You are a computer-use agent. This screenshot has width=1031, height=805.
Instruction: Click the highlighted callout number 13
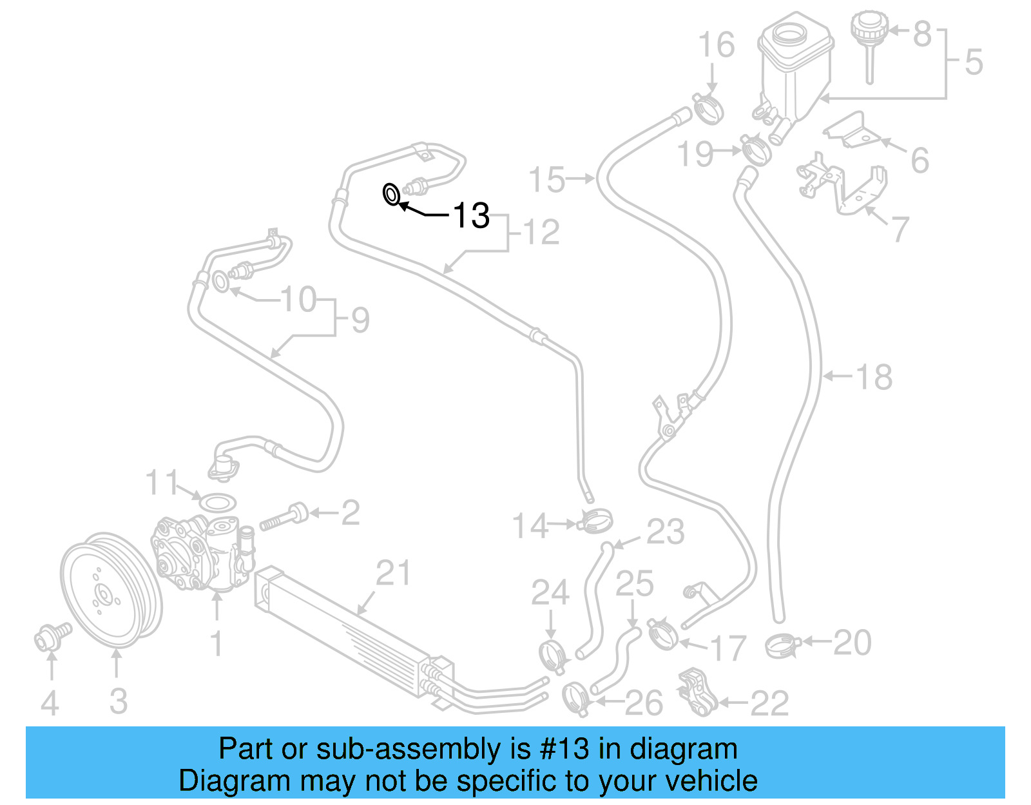[471, 215]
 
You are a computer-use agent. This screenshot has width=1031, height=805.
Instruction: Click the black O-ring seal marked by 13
[391, 194]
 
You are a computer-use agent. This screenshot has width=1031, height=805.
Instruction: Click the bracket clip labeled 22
[697, 693]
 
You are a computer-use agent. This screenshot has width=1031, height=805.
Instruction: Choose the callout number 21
[392, 573]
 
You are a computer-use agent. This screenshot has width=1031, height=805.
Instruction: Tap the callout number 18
[874, 377]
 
